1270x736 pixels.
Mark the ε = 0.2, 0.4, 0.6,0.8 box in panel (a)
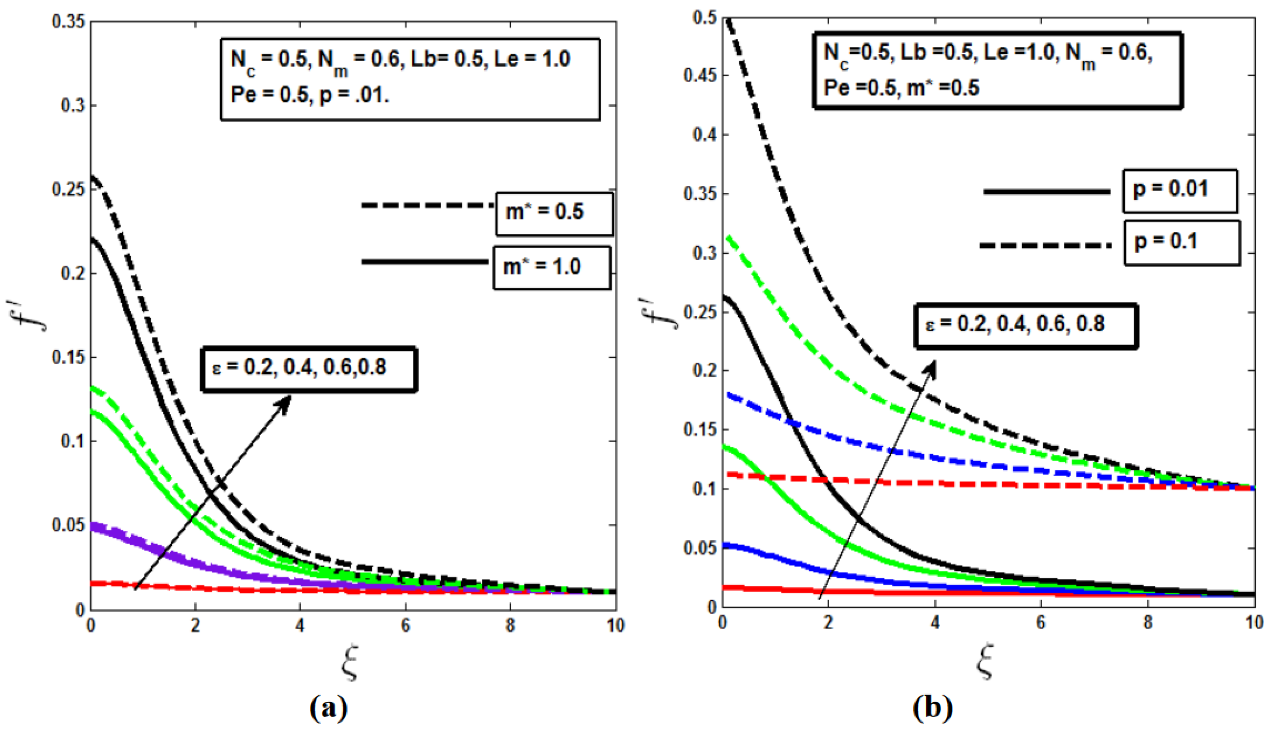click(x=309, y=369)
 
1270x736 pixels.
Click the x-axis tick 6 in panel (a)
click(x=405, y=626)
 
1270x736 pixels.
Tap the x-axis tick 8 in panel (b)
click(x=1147, y=623)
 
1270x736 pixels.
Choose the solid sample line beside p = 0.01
click(x=1046, y=192)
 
